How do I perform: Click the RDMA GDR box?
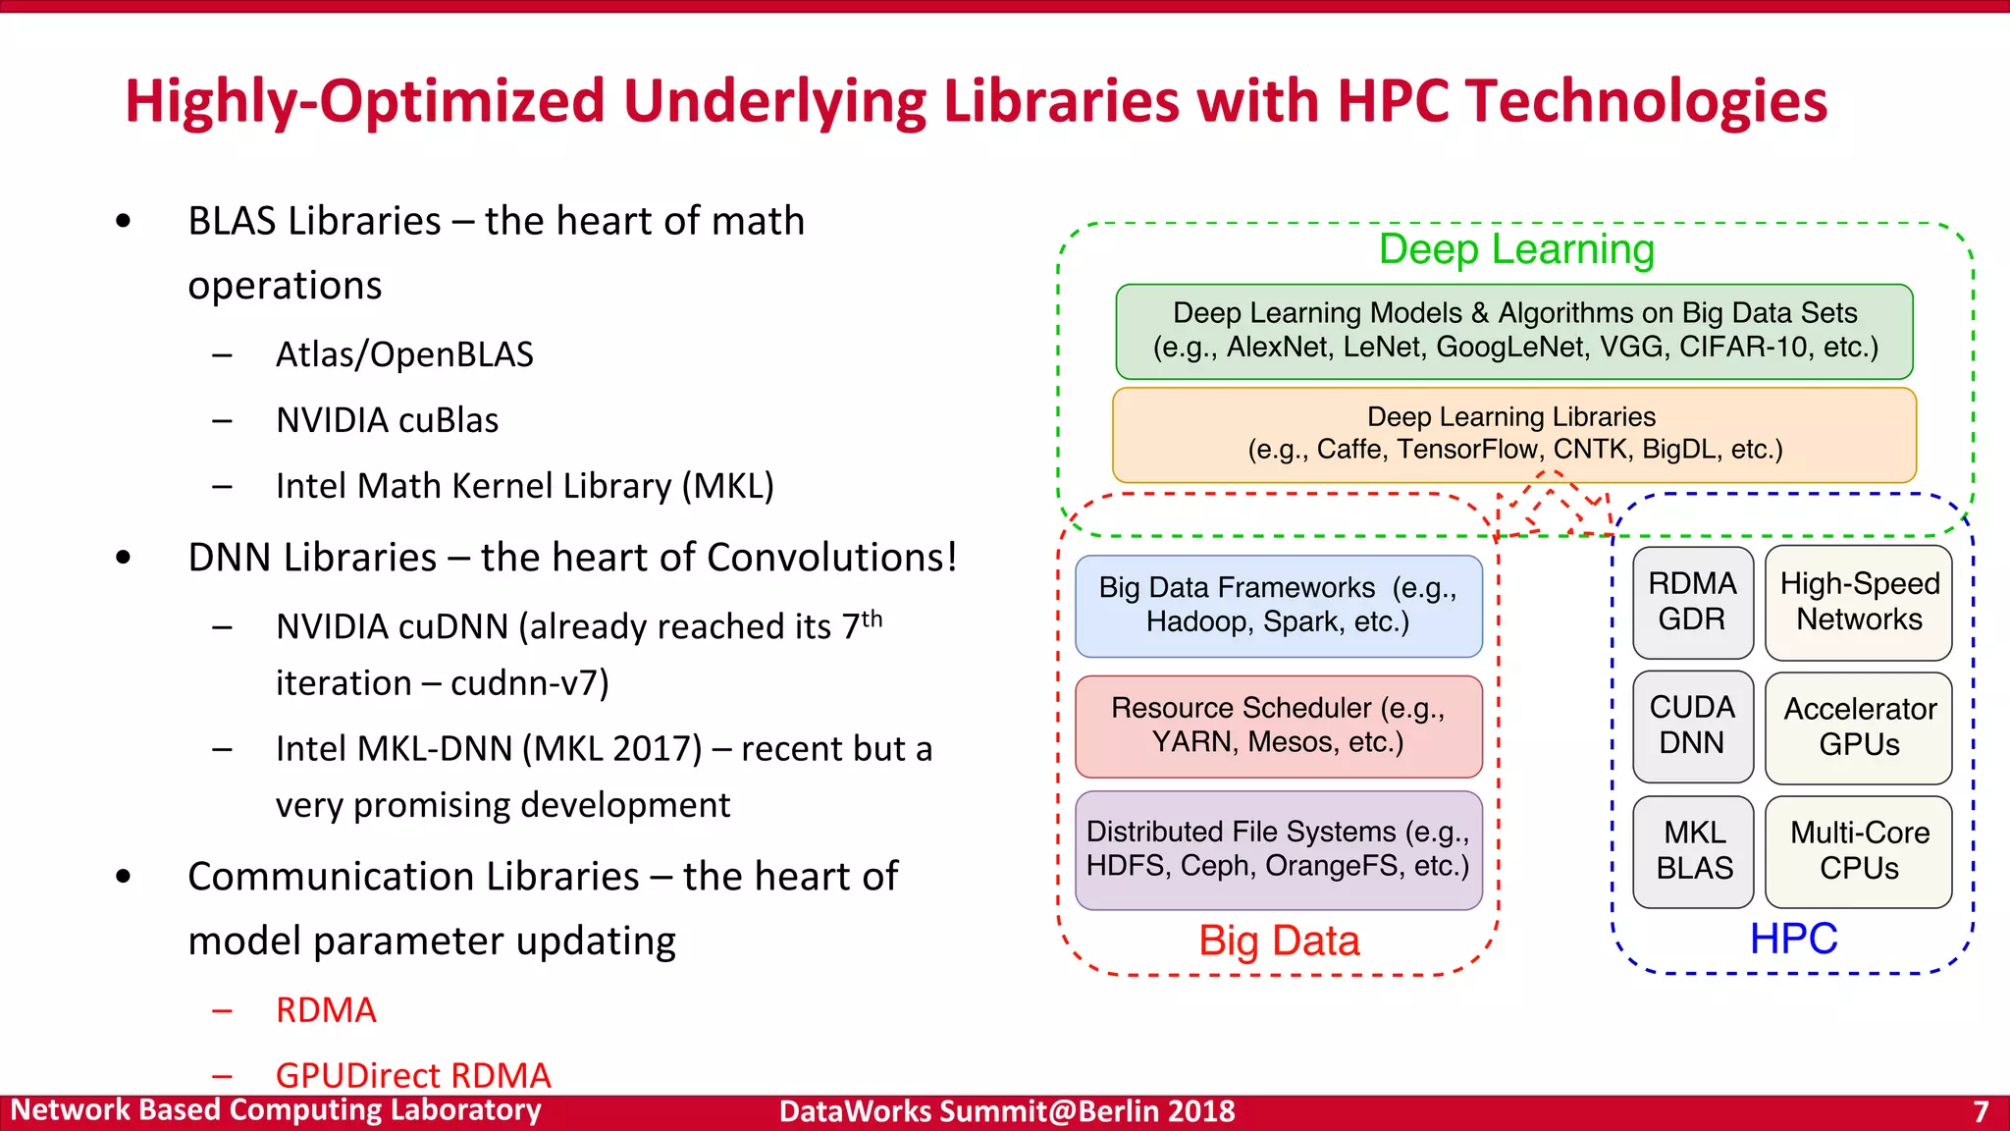click(x=1692, y=602)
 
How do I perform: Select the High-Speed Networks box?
click(x=1858, y=602)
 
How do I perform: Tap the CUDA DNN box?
click(x=1692, y=726)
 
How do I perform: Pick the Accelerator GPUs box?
click(x=1858, y=727)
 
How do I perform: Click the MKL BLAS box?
click(x=1693, y=851)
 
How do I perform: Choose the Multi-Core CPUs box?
click(x=1858, y=851)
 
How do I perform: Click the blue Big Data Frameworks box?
click(x=1278, y=605)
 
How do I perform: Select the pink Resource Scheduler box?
click(x=1278, y=726)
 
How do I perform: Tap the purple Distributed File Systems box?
click(x=1278, y=849)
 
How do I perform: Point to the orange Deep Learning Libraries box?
click(x=1513, y=434)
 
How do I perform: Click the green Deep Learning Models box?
click(x=1513, y=331)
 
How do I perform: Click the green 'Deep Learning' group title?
click(x=1516, y=249)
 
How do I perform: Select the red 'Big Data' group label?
click(x=1279, y=941)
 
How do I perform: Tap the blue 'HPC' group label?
click(x=1793, y=939)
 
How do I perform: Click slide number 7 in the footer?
click(x=1981, y=1111)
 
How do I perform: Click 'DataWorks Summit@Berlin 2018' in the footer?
click(x=1007, y=1111)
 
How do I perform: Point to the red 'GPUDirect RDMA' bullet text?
click(x=413, y=1075)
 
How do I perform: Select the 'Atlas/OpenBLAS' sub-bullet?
click(x=404, y=354)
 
